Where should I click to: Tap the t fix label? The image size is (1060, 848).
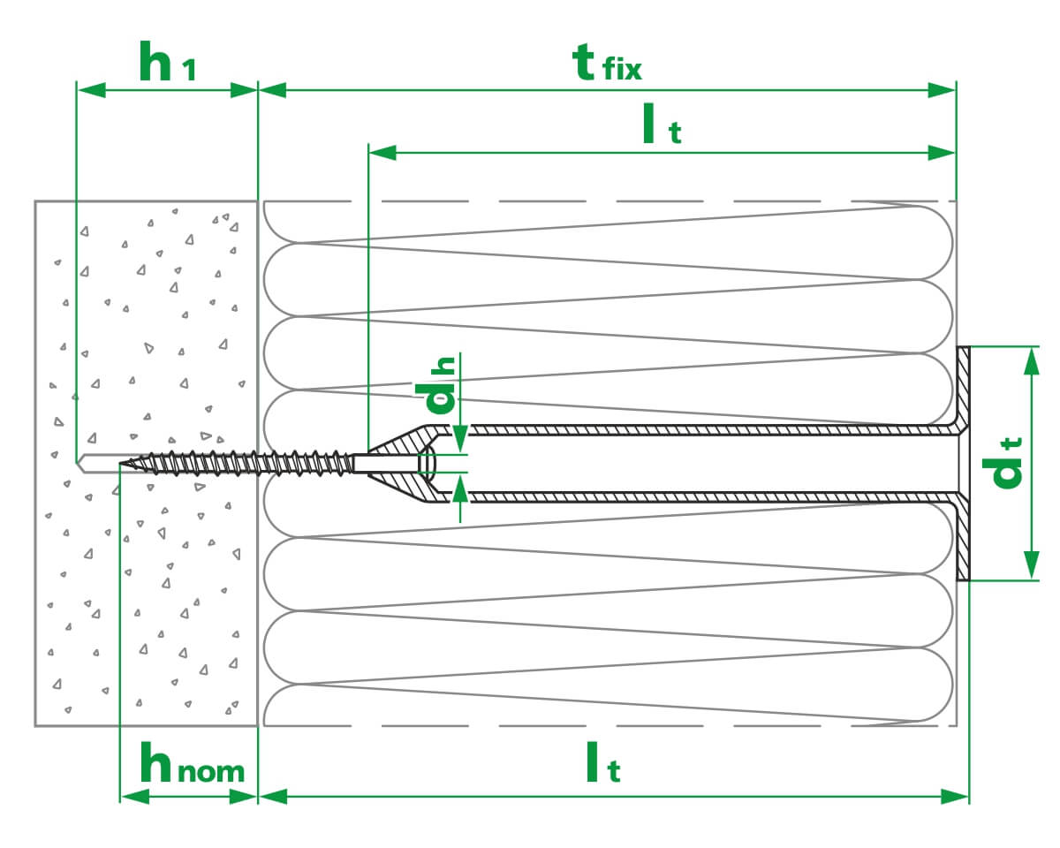[x=608, y=63]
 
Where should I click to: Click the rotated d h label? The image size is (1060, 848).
[x=441, y=385]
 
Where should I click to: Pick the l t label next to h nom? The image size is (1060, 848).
[x=603, y=766]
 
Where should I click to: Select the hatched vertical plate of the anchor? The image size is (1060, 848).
[x=963, y=463]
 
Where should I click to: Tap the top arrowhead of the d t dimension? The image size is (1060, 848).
[x=1031, y=359]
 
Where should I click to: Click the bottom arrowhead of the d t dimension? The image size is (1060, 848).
[x=1031, y=566]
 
